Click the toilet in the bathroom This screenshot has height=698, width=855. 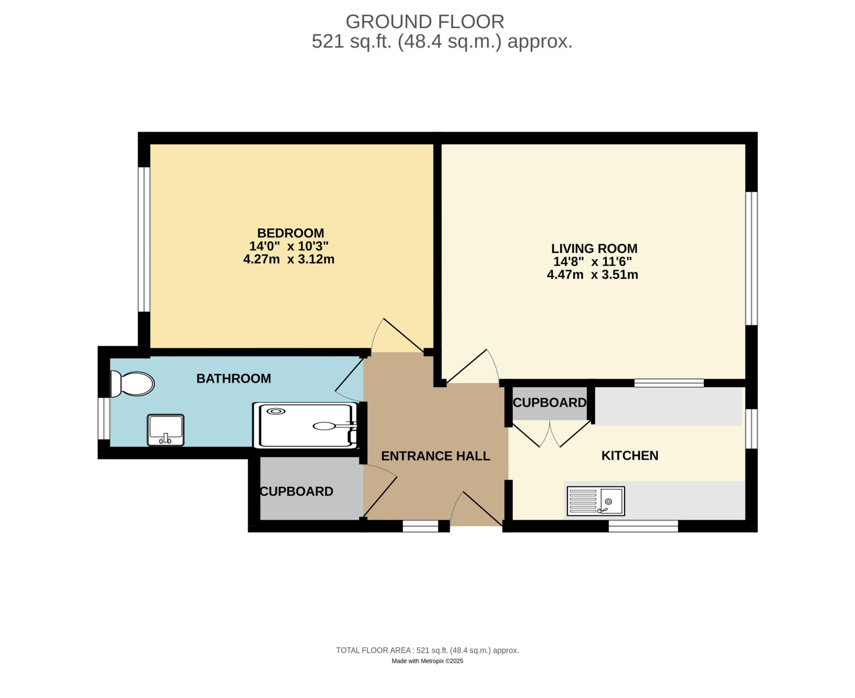click(x=132, y=384)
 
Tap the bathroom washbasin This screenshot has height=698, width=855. click(x=165, y=430)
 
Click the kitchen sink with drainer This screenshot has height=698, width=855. click(x=596, y=501)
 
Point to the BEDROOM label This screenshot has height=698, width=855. click(x=290, y=233)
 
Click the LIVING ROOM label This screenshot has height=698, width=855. click(x=594, y=248)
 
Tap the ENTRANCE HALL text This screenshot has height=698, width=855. click(x=435, y=456)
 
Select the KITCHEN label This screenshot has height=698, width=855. click(x=630, y=455)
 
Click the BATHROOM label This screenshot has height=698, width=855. click(x=233, y=379)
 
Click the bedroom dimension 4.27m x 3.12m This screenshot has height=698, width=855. click(x=289, y=259)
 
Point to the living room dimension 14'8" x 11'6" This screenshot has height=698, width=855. click(x=592, y=262)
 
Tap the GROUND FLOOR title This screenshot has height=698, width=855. click(x=425, y=22)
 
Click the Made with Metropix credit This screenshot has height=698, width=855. click(x=427, y=661)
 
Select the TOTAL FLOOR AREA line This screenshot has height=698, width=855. click(x=427, y=650)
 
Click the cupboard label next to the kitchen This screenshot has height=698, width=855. click(x=549, y=402)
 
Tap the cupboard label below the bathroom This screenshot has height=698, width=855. click(x=296, y=491)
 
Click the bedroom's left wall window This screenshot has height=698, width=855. click(x=144, y=239)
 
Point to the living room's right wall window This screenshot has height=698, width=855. click(x=751, y=258)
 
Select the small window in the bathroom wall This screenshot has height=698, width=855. click(x=104, y=418)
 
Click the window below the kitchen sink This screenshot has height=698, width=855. click(x=643, y=526)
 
